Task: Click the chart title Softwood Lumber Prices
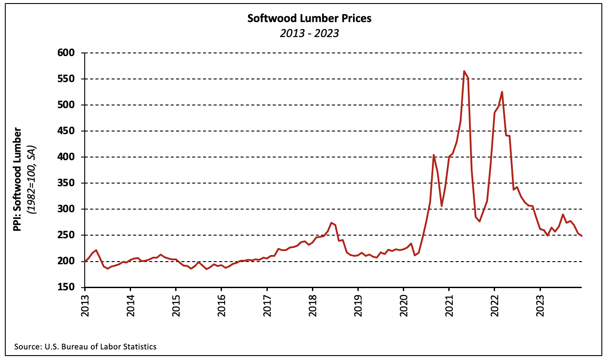(x=309, y=19)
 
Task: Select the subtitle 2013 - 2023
(x=309, y=34)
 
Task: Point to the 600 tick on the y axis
(x=66, y=52)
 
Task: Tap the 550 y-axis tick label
(x=66, y=79)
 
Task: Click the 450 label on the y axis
(x=66, y=131)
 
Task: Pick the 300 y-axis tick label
(x=66, y=209)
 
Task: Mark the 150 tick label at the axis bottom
(x=66, y=287)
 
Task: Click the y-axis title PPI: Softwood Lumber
(x=17, y=180)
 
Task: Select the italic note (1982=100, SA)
(x=31, y=180)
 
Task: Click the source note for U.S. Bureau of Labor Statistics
(x=85, y=347)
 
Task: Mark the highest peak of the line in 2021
(x=464, y=71)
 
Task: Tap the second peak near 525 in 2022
(x=502, y=92)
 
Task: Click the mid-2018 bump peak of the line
(x=331, y=223)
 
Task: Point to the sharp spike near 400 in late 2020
(x=433, y=155)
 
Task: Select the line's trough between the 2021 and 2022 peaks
(x=480, y=221)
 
